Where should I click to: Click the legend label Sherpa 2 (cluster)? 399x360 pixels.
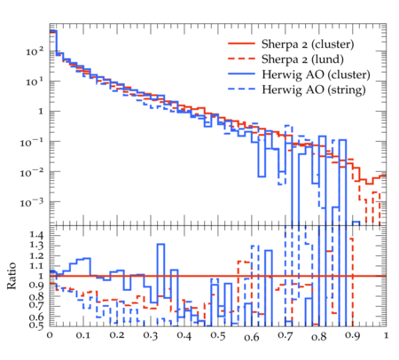308,44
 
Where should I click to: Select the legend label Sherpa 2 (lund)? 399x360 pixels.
302,59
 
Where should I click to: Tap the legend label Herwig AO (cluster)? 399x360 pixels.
316,74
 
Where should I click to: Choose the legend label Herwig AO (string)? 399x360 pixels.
314,90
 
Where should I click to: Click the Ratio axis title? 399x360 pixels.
12,276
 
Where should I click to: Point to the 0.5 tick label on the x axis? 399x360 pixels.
218,336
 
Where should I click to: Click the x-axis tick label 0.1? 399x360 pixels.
83,335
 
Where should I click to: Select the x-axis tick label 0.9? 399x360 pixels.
353,336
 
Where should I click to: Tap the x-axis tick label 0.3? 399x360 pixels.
151,336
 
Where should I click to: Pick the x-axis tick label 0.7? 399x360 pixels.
286,336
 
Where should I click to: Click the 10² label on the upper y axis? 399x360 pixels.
35,51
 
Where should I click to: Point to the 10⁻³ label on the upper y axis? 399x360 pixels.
32,202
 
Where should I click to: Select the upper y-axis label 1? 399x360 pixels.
41,112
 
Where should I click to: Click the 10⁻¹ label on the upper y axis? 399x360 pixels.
32,142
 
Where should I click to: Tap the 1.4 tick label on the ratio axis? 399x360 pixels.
36,235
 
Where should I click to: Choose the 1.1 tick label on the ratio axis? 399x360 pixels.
36,266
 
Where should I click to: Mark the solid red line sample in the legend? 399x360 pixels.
241,43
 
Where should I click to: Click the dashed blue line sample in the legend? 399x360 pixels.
241,89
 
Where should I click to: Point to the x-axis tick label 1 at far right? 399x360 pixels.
386,335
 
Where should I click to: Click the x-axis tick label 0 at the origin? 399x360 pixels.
50,335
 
